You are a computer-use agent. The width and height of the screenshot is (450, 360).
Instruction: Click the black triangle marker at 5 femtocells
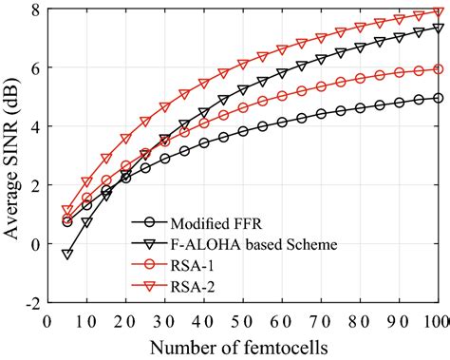(x=67, y=254)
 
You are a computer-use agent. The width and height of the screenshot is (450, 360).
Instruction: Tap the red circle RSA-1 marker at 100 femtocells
(x=439, y=69)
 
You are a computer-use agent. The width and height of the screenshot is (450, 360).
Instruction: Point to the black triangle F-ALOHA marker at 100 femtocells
(x=439, y=28)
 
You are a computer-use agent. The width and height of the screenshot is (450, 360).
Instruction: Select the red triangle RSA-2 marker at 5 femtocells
(x=67, y=211)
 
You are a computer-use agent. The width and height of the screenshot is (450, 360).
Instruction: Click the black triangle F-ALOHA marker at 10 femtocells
(x=86, y=222)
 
